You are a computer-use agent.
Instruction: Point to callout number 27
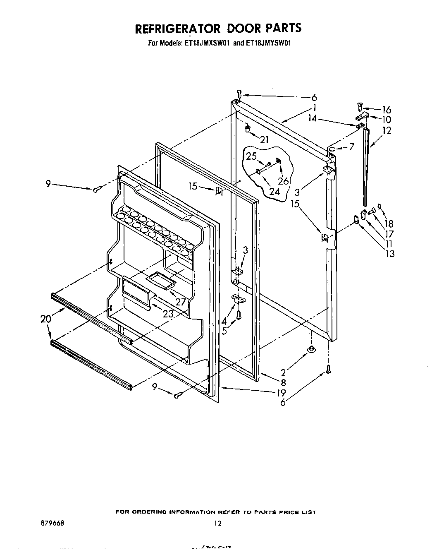click(x=181, y=302)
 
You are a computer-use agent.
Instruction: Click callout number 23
click(x=168, y=314)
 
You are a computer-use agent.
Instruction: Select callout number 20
click(x=46, y=319)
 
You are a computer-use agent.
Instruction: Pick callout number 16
click(x=386, y=110)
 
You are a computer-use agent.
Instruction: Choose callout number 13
click(x=389, y=253)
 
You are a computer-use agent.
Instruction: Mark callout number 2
click(x=283, y=373)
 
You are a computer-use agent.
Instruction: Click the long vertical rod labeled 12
click(x=365, y=168)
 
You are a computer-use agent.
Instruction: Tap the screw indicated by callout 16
click(x=360, y=108)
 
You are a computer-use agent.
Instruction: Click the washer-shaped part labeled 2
click(x=310, y=351)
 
